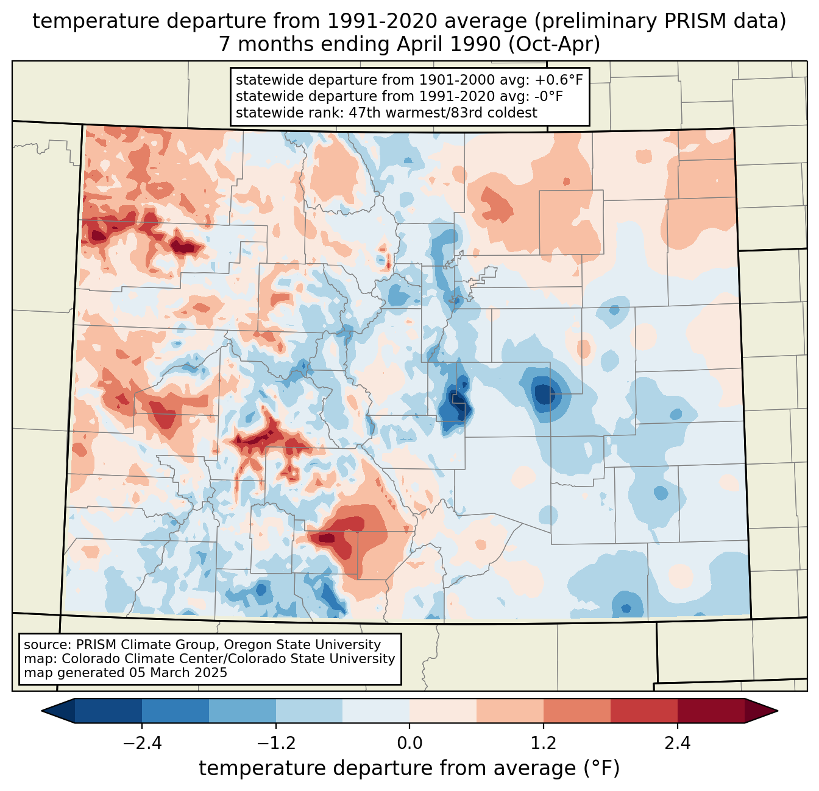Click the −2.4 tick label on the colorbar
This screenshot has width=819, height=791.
click(142, 744)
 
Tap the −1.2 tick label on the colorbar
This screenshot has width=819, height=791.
click(276, 744)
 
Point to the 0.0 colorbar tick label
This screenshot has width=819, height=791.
click(409, 744)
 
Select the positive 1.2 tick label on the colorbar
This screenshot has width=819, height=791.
click(544, 744)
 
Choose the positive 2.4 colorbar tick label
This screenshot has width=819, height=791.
click(677, 744)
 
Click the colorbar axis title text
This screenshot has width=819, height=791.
click(409, 768)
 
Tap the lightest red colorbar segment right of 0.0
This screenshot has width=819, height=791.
click(443, 711)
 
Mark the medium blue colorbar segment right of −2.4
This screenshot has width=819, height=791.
click(175, 711)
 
